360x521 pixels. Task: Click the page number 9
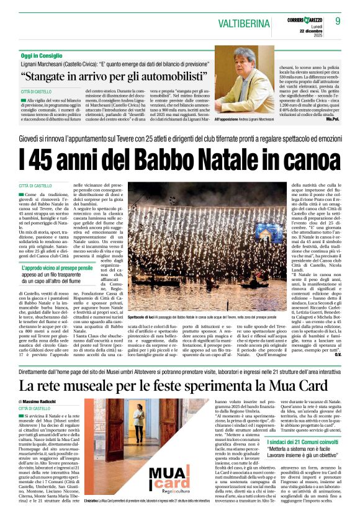click(338, 21)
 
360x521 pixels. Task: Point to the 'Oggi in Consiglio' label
click(42, 56)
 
